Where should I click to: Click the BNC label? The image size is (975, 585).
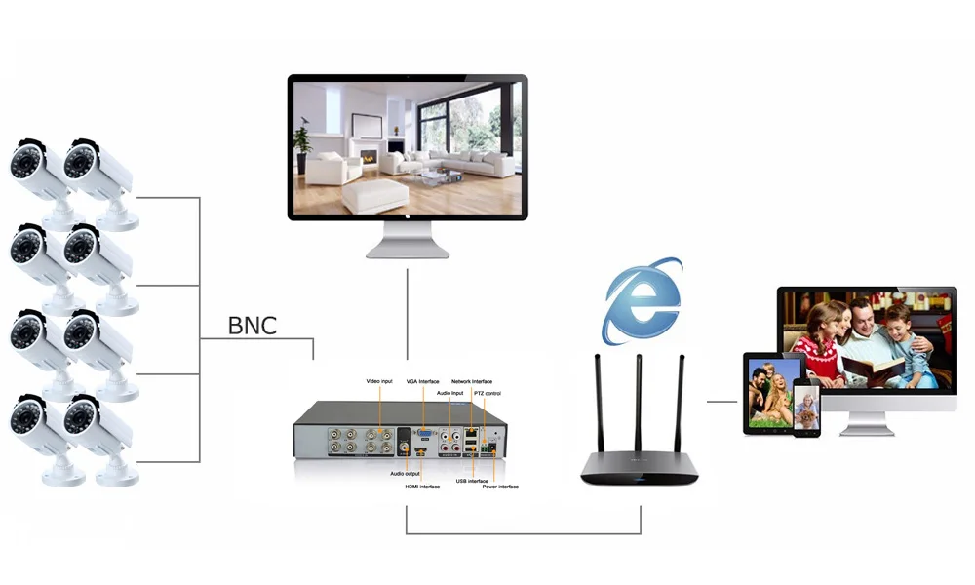(253, 325)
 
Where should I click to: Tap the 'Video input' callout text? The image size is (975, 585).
(379, 380)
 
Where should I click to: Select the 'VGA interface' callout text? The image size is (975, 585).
(422, 381)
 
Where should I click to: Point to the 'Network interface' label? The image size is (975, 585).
(472, 381)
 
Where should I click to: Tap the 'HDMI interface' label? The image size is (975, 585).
(422, 486)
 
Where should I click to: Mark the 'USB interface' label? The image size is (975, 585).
(472, 480)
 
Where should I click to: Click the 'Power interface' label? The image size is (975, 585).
(500, 486)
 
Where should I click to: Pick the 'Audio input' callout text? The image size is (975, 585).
(449, 392)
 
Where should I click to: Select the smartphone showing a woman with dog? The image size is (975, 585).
(806, 409)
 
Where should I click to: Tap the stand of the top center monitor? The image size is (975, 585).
(408, 239)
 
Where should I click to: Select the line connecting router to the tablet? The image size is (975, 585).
(721, 401)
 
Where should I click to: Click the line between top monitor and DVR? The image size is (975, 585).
(408, 307)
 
